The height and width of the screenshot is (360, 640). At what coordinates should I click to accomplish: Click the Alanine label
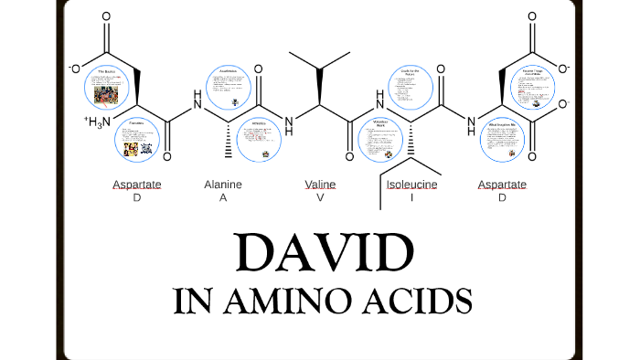[223, 185]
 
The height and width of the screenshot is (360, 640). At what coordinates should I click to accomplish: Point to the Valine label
[320, 185]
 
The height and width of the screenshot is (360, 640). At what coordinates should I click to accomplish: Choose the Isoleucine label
[412, 185]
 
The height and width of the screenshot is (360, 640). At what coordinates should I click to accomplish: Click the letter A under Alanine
[222, 197]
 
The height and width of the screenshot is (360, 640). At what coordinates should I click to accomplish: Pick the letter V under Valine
[320, 197]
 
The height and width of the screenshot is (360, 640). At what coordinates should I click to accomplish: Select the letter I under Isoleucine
[412, 197]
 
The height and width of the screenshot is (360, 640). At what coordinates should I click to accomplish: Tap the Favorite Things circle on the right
[532, 88]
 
